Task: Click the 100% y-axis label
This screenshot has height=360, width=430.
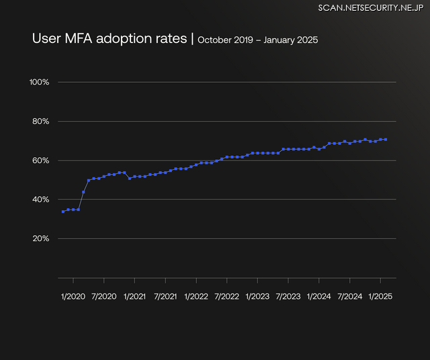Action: (40, 82)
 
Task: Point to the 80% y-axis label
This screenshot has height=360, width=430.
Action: (40, 122)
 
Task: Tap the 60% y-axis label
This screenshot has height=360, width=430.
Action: (40, 161)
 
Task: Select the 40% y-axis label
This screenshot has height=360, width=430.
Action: (40, 199)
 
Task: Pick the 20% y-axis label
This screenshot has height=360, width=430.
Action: (40, 238)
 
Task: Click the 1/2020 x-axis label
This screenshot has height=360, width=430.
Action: (73, 296)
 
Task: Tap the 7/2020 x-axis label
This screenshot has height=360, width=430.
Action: (103, 296)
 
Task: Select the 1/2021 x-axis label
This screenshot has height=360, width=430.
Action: (134, 296)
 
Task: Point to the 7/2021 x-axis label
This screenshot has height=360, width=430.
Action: (165, 296)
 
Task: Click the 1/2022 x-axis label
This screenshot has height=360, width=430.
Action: (196, 296)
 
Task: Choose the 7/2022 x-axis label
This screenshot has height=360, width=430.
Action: (226, 296)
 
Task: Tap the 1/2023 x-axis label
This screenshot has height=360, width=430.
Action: (257, 296)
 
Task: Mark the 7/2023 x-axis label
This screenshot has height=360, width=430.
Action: (288, 296)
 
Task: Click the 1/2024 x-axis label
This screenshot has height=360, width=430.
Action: (318, 296)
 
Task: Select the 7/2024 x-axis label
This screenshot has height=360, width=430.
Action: (349, 296)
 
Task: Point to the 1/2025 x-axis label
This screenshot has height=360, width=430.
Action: (380, 296)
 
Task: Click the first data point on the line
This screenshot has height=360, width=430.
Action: (63, 212)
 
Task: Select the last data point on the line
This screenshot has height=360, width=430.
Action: (386, 140)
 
